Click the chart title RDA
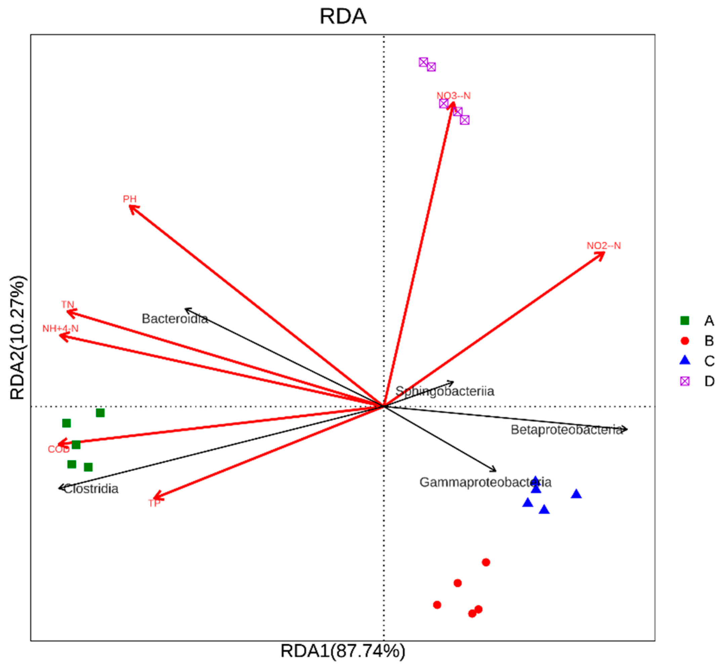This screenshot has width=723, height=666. click(343, 16)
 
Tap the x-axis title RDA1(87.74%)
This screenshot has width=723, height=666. click(343, 651)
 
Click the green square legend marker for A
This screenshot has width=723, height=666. click(684, 320)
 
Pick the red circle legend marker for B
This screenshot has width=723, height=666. click(684, 341)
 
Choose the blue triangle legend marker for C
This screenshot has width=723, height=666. click(684, 361)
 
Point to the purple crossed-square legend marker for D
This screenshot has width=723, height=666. click(684, 381)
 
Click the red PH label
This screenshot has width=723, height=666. click(130, 199)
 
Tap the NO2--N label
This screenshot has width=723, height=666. click(604, 246)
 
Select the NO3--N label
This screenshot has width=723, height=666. click(453, 96)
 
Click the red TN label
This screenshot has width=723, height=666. click(68, 304)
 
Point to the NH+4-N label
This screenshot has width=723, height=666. click(60, 328)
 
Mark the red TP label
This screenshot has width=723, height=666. click(154, 503)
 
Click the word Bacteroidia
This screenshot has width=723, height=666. click(175, 319)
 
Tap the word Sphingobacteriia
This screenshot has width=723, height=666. click(444, 391)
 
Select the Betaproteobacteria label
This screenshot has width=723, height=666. click(566, 430)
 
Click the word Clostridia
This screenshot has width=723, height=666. click(91, 489)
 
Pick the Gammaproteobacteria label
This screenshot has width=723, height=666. click(485, 482)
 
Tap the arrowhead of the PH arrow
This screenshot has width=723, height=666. click(130, 206)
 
